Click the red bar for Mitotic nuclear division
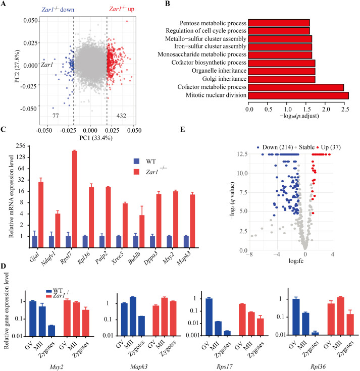point(298,95)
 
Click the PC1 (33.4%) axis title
point(90,137)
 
